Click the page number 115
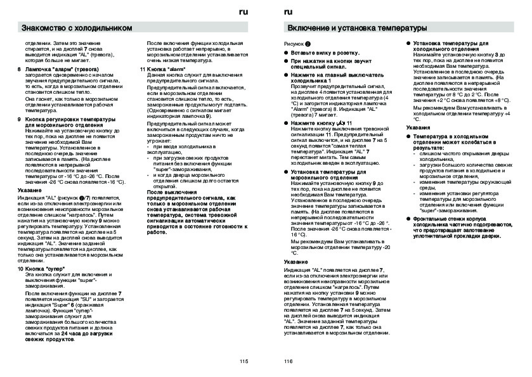click(x=244, y=362)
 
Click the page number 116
click(x=289, y=362)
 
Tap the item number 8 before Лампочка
click(x=18, y=68)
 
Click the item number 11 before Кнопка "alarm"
click(x=143, y=68)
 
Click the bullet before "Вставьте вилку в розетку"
click(x=285, y=53)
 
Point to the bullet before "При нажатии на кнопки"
click(x=285, y=61)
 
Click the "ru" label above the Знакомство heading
click(x=244, y=12)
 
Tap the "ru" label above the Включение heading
click(x=288, y=12)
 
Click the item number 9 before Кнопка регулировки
click(x=18, y=118)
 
